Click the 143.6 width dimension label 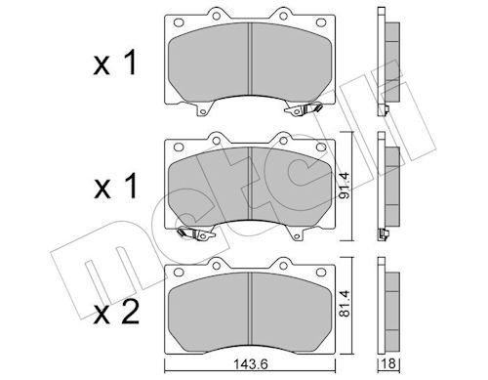251,364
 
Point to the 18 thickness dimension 388,363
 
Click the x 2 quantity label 116,313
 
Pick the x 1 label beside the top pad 114,63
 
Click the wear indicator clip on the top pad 304,109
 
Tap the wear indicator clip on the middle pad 195,233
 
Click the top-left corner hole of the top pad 179,22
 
